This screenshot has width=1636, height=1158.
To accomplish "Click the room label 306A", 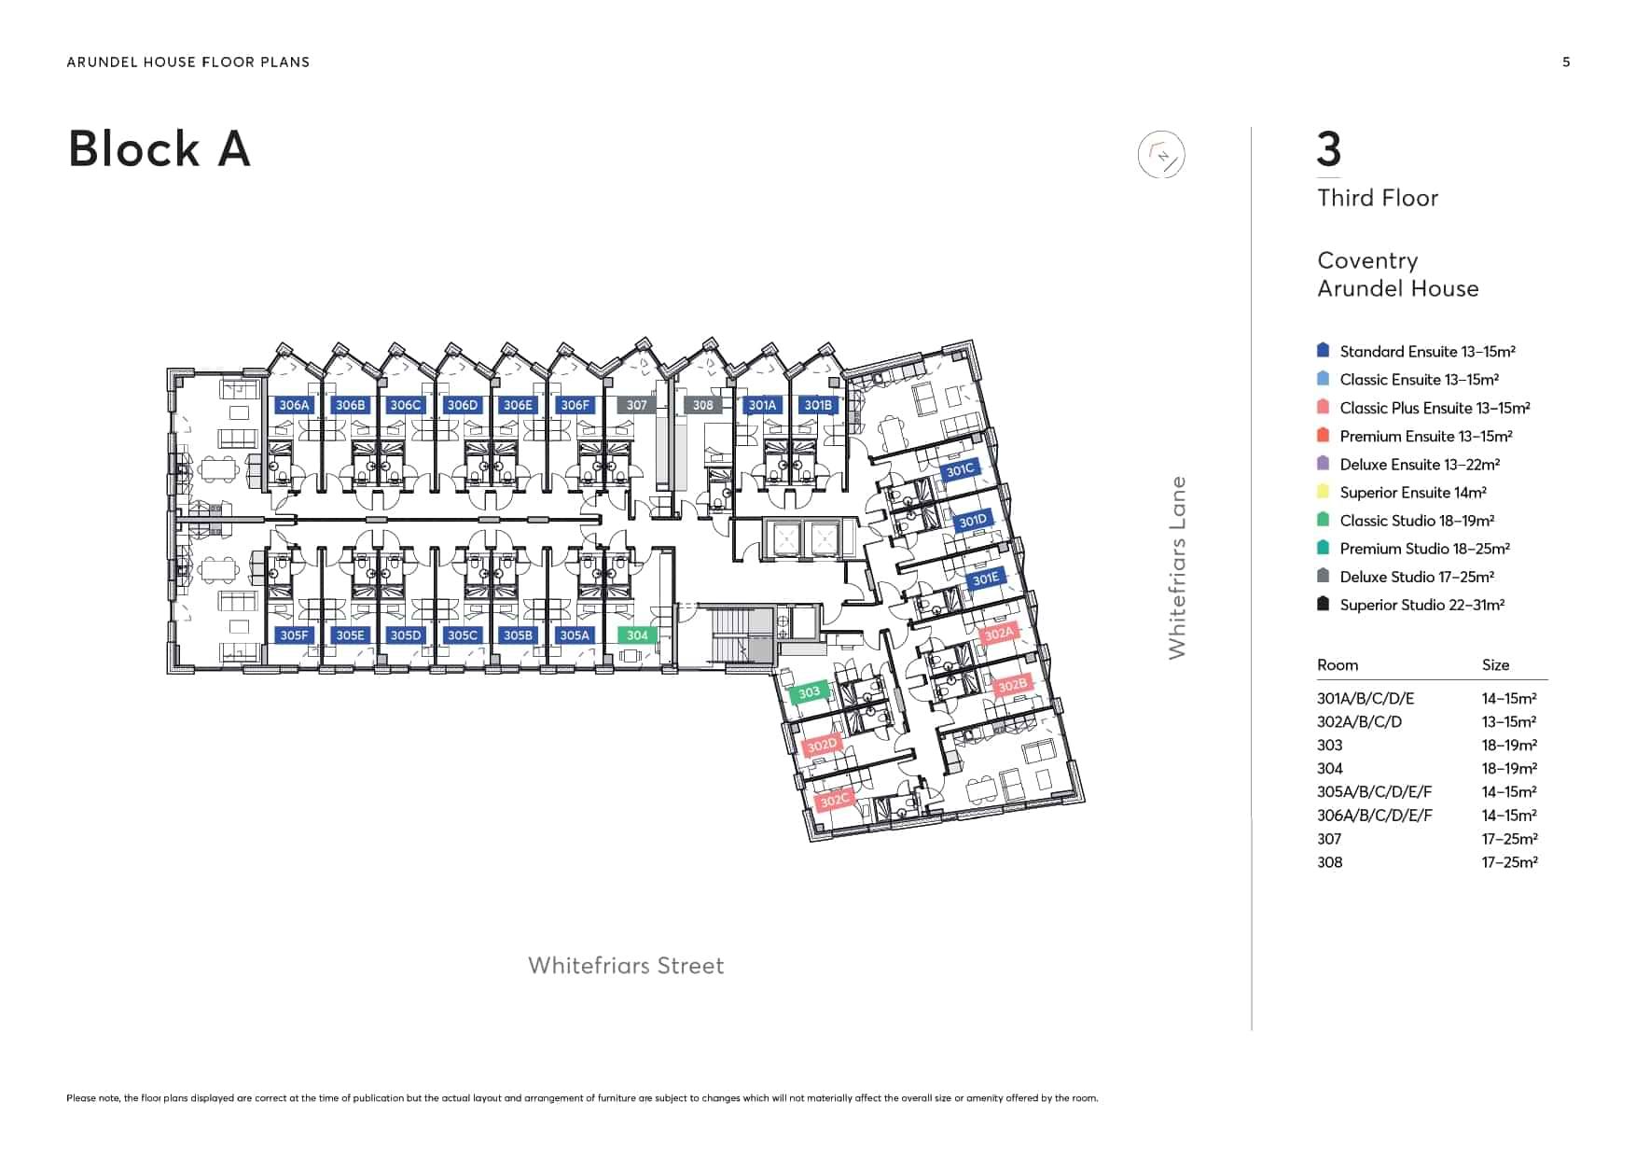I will tap(294, 405).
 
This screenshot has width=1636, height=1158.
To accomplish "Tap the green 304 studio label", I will tap(637, 635).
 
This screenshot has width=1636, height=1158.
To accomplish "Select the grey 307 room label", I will tap(636, 405).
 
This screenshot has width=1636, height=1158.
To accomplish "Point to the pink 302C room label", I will tap(834, 800).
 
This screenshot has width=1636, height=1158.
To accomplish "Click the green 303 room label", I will tap(809, 692).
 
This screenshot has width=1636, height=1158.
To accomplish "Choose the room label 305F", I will tap(294, 635).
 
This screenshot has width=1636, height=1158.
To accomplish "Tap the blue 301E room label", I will tap(985, 579).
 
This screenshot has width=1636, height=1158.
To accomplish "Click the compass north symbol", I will tap(1161, 155).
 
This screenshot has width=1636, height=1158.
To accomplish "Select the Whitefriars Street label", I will tap(626, 966).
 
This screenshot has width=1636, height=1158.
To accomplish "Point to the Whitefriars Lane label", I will tap(1177, 567).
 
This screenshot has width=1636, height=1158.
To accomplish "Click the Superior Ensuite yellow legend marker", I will tap(1323, 492).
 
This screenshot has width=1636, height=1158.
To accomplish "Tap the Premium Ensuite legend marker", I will tap(1323, 435).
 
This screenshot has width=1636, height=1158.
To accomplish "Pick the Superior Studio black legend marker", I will tap(1323, 604).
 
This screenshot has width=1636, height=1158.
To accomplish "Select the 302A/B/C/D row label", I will tap(1359, 722).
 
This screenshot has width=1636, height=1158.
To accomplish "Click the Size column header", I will tap(1495, 665).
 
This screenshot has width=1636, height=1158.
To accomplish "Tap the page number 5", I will tap(1566, 63).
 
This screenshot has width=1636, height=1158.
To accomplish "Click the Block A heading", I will tap(159, 149).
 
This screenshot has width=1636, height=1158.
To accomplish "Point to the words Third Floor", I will tap(1378, 198).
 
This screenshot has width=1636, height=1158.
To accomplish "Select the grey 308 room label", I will tap(702, 405).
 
